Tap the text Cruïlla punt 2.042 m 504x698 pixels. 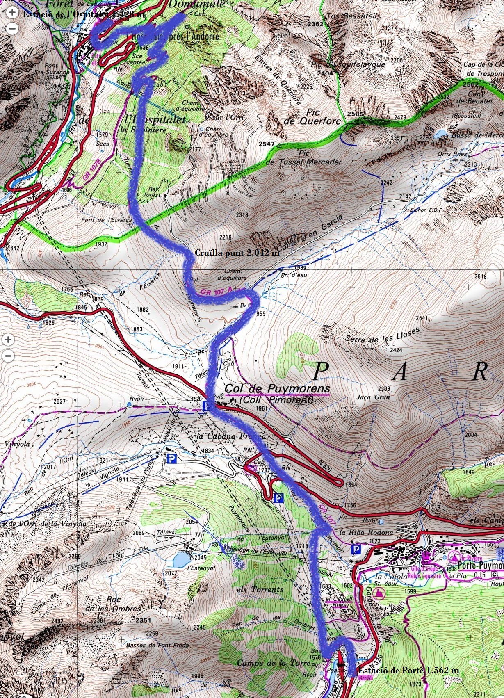[237, 253]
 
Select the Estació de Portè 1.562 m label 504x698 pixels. [408, 670]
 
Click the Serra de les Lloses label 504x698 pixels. [382, 335]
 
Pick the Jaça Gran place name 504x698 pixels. [373, 397]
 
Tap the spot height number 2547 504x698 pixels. [267, 144]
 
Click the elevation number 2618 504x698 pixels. [480, 276]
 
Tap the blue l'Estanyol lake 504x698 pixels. [181, 559]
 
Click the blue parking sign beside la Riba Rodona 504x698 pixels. [356, 549]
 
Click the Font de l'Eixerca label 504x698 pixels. [107, 220]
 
